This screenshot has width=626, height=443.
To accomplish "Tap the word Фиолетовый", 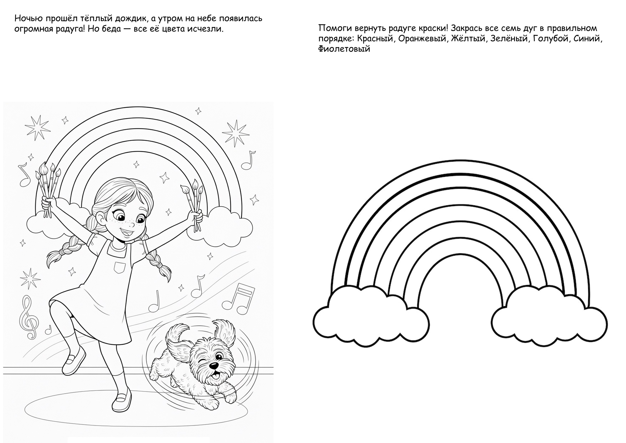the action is coord(344,49).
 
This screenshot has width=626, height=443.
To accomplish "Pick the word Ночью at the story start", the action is coord(28,19).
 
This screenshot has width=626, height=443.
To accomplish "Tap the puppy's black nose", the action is coord(214,365).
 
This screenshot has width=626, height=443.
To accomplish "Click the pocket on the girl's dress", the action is coord(119,268).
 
